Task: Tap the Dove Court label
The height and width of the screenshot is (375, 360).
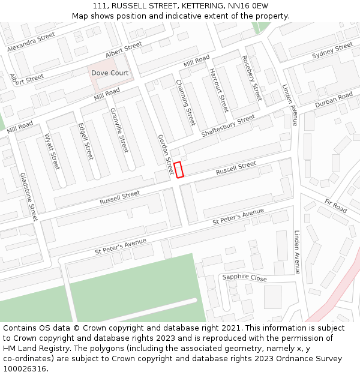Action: tap(110, 73)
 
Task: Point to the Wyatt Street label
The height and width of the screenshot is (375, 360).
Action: tap(52, 151)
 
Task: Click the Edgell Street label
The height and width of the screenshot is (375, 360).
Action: tap(86, 141)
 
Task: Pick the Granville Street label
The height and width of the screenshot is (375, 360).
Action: tap(119, 130)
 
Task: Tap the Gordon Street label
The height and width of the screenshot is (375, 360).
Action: tap(166, 155)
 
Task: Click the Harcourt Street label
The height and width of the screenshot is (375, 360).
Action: tap(218, 90)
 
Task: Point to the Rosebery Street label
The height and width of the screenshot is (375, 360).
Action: tap(251, 78)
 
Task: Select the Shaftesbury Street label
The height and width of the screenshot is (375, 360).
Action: tap(228, 126)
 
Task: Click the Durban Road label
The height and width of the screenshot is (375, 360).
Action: tap(334, 100)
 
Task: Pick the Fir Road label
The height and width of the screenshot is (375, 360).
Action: tap(335, 206)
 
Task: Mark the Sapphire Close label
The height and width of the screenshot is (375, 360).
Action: tap(244, 278)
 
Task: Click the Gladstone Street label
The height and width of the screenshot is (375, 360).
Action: tap(29, 197)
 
